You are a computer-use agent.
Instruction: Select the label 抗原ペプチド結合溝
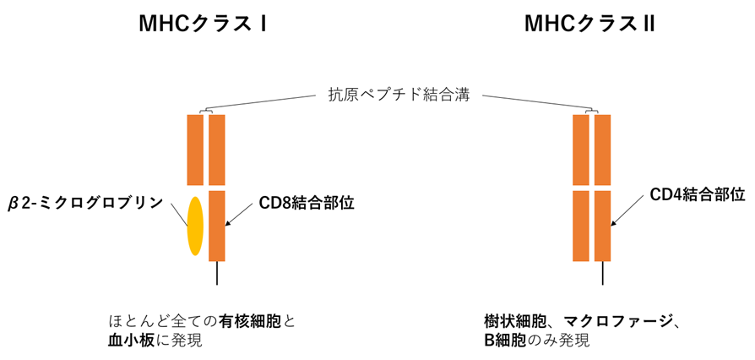click(x=398, y=95)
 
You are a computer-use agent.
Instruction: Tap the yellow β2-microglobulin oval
click(x=195, y=225)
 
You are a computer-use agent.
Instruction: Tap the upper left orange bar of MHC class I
click(x=195, y=150)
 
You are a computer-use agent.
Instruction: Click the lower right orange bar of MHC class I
click(x=216, y=226)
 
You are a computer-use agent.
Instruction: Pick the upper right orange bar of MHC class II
click(x=602, y=150)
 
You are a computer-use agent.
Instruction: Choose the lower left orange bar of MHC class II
click(x=580, y=226)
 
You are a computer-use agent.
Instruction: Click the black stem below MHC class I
click(x=216, y=272)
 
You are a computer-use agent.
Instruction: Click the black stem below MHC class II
click(x=602, y=272)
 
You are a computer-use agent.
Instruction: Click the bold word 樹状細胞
click(x=505, y=321)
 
